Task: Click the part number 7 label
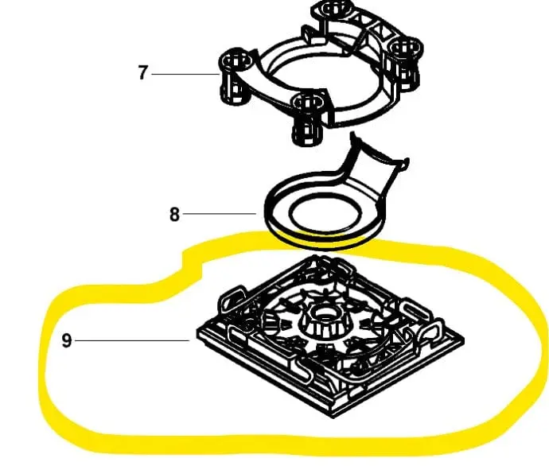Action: [142, 73]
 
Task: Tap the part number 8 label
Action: [174, 214]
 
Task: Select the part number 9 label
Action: [67, 340]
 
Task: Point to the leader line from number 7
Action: [185, 74]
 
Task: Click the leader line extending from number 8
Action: [220, 213]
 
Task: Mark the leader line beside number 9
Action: [132, 340]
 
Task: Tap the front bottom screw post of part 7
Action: [308, 119]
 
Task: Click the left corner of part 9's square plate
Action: [198, 332]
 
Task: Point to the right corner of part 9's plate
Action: [462, 340]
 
